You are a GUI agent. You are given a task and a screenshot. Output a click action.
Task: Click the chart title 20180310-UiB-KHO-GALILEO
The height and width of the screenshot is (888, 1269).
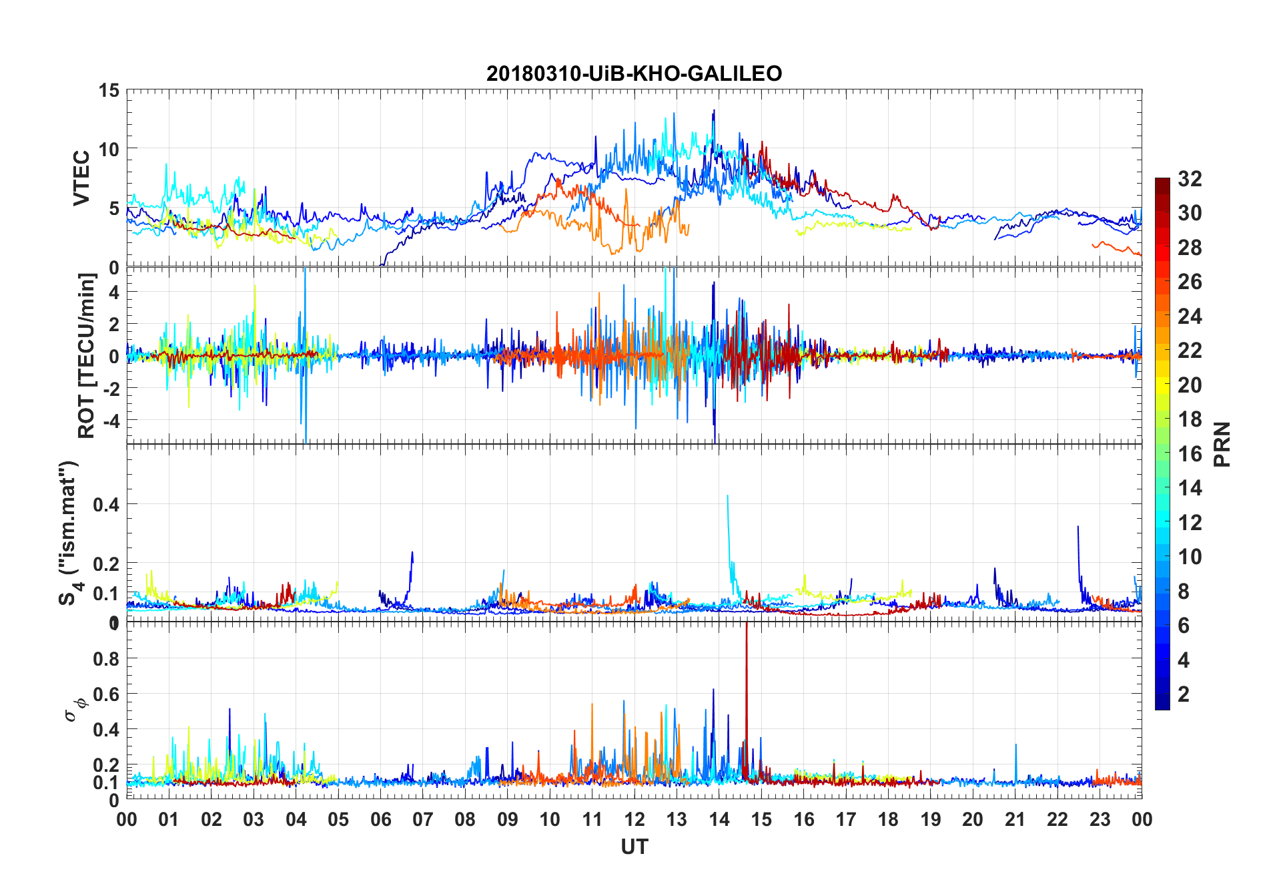point(634,73)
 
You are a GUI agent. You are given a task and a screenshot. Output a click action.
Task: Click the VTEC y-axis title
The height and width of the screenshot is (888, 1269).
point(81,178)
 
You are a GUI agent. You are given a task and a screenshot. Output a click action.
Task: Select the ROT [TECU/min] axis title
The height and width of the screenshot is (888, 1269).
point(87,355)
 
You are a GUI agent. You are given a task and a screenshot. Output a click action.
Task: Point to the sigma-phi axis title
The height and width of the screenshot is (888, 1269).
point(75,709)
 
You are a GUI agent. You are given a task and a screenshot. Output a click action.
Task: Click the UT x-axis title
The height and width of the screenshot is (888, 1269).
point(634,847)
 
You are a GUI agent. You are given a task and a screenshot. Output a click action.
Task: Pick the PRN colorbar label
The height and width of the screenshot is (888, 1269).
point(1222,444)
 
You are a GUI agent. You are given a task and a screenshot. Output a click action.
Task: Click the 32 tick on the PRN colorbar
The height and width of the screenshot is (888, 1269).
point(1190,179)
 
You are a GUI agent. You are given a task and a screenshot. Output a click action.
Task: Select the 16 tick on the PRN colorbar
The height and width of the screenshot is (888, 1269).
point(1190,454)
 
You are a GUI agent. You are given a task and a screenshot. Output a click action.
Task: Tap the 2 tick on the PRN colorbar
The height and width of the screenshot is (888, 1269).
point(1184,694)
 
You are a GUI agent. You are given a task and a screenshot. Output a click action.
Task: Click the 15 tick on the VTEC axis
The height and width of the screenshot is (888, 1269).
point(109,90)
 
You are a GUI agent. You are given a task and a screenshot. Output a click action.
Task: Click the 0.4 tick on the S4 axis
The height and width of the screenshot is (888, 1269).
point(106,505)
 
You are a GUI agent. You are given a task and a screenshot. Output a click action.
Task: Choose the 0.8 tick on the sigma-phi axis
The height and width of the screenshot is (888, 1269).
point(106,659)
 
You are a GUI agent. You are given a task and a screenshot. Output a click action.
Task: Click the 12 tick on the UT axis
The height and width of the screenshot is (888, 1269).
point(634,819)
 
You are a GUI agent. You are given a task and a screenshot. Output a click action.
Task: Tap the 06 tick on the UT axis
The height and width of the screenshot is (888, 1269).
point(381,819)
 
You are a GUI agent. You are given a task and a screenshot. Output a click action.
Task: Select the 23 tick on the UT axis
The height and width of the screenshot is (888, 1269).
point(1100,819)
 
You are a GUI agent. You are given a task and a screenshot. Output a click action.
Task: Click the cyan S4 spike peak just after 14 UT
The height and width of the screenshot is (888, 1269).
point(727,496)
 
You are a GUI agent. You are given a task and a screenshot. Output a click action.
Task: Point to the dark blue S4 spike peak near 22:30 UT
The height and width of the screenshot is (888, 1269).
point(1078,527)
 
